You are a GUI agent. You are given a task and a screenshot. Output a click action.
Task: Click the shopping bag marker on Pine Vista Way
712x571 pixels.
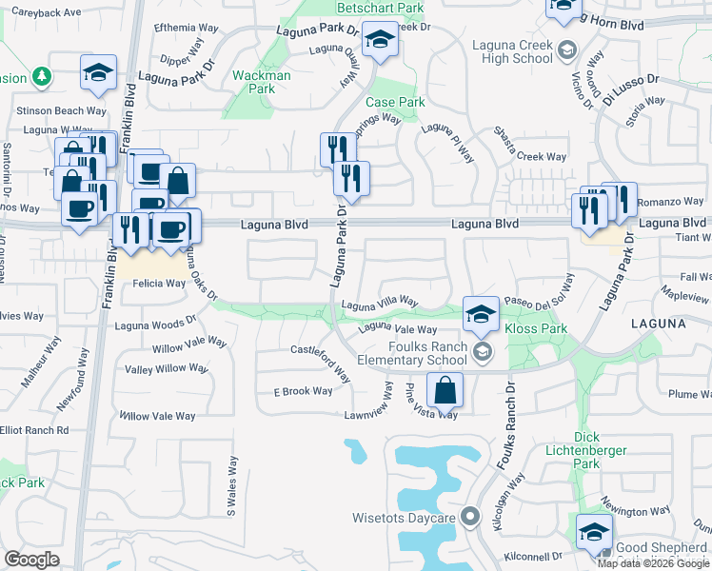pos(445,390)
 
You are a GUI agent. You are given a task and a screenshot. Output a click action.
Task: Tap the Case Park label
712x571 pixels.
pos(395,102)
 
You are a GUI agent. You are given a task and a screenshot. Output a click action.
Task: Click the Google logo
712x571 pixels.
pos(31,560)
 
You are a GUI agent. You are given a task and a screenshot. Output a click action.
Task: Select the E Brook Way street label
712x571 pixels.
pos(303,391)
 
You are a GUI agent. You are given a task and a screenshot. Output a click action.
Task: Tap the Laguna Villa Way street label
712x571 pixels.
pos(380,302)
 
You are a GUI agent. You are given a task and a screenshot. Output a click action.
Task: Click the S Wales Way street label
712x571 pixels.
pos(230,487)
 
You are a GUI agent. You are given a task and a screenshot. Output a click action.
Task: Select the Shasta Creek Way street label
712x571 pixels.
pos(531,146)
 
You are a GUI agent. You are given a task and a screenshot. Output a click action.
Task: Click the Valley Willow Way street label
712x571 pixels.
pos(167,368)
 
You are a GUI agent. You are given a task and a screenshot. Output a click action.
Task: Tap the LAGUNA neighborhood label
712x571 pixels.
pos(658,324)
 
